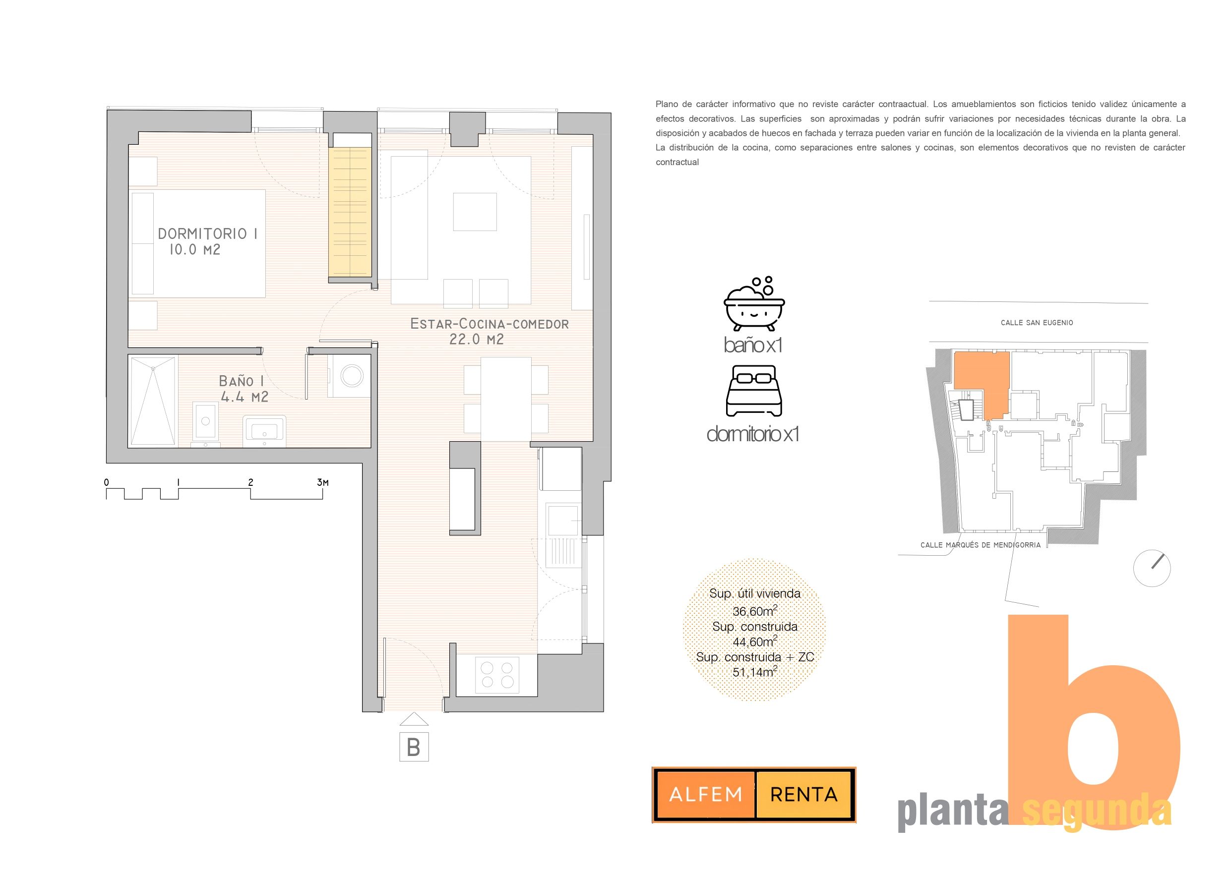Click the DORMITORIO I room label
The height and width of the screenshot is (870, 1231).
click(x=207, y=233)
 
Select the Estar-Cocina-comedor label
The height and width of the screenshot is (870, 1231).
click(x=489, y=324)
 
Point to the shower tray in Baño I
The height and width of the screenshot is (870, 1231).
click(x=153, y=401)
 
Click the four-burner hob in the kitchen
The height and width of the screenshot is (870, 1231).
click(x=497, y=675)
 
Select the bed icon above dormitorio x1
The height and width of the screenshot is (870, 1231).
click(x=754, y=391)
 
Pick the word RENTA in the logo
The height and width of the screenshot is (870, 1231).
click(x=803, y=795)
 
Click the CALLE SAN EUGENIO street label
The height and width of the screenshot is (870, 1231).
click(x=1037, y=323)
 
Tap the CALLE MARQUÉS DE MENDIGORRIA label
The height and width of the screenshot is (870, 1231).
click(x=981, y=545)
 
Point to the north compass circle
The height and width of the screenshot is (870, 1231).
click(x=1152, y=568)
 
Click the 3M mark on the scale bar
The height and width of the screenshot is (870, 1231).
click(x=323, y=482)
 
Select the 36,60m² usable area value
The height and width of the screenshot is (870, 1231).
click(x=755, y=611)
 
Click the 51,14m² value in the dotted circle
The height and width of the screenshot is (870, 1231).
click(x=755, y=671)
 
